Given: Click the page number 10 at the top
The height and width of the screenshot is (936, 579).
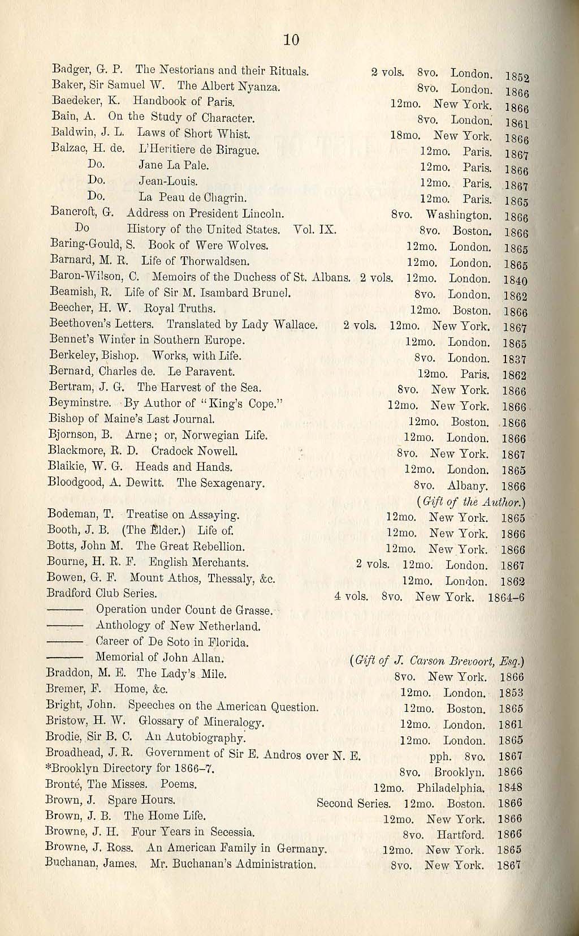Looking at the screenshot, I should point(291,40).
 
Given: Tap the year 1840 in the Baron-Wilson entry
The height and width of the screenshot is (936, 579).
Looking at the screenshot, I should point(515,280).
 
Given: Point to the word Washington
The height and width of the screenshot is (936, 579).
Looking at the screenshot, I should point(458,216).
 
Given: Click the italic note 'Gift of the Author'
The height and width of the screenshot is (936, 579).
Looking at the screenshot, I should point(470,502).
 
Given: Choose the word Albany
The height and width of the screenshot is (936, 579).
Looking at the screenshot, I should point(468,486).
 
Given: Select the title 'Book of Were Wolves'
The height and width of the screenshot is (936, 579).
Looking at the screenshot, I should point(208,246).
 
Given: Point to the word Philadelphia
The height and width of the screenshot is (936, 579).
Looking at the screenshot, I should point(451,788).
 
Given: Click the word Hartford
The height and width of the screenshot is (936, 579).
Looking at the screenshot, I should point(460,835).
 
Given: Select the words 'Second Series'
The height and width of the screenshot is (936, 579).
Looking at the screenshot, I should point(353,804).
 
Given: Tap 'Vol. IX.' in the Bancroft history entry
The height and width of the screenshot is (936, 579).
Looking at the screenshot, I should point(315,230).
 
